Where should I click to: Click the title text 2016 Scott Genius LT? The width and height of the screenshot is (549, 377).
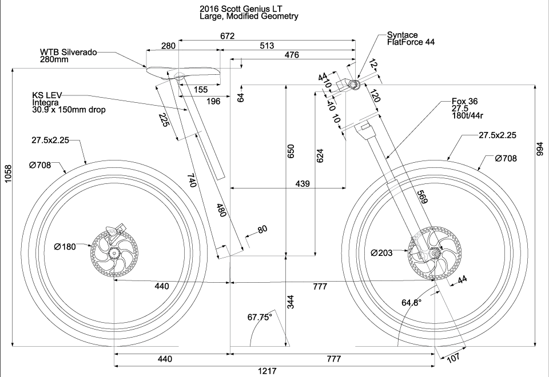[x=240, y=9]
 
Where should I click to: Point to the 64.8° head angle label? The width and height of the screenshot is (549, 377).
[x=412, y=303]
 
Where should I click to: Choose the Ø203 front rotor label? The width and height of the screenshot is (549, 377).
[x=381, y=252]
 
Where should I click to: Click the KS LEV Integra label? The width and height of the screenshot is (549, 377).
[x=51, y=102]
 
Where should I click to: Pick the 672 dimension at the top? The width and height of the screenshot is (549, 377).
[x=227, y=36]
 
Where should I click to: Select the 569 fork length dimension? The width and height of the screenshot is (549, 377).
[x=421, y=197]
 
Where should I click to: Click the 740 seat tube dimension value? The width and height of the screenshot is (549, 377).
[x=192, y=182]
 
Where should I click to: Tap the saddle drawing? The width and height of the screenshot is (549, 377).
[x=183, y=73]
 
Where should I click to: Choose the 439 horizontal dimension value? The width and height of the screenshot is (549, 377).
[x=303, y=184]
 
